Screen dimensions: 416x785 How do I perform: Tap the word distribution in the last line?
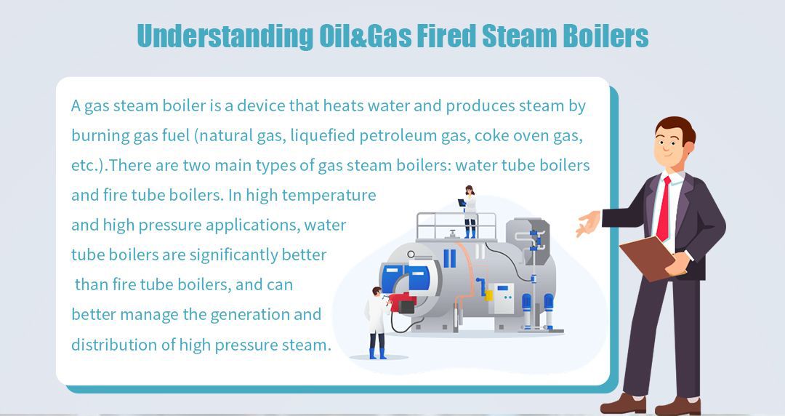click(x=113, y=344)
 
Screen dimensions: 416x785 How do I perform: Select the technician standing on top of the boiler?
click(x=470, y=211)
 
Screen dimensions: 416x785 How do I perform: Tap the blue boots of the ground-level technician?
click(x=377, y=353)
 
